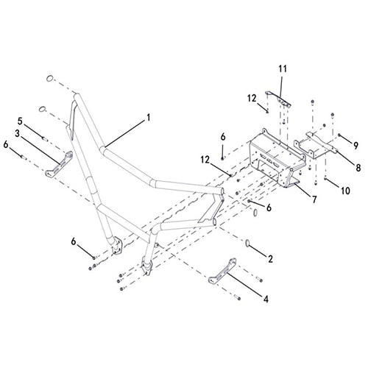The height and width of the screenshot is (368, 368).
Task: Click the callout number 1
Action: [x=148, y=118]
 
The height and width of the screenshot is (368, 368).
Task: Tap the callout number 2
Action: [x=270, y=259]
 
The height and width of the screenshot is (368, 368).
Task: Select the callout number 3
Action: [x=17, y=134]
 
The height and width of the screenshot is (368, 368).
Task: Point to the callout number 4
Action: [x=266, y=299]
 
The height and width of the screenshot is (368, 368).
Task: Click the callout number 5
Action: [x=20, y=121]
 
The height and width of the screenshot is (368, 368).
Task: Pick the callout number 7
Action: [x=314, y=199]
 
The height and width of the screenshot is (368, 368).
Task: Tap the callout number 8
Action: [x=358, y=168]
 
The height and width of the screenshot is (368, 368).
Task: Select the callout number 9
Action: [x=355, y=146]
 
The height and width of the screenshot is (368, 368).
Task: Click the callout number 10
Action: [x=345, y=191]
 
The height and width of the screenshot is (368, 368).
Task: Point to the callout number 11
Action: [x=283, y=68]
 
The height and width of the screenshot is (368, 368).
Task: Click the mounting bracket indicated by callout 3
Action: [x=59, y=164]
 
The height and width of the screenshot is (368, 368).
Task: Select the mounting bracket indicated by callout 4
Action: [x=222, y=272]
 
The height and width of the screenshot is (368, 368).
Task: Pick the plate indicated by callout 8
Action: [x=316, y=146]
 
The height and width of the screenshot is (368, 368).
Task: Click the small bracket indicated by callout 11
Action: [x=278, y=99]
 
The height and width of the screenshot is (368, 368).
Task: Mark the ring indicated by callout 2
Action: [x=248, y=243]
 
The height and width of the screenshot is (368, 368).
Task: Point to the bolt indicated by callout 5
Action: [x=45, y=139]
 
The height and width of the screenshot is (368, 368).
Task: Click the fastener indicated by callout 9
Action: [x=339, y=135]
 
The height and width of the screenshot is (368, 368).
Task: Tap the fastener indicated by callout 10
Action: [x=325, y=178]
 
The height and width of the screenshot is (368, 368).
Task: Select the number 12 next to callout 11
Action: [x=252, y=99]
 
